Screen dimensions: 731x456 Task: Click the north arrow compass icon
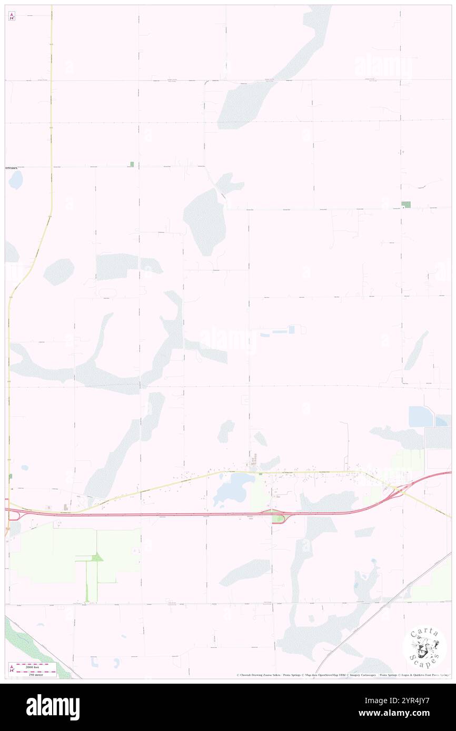click(12, 16)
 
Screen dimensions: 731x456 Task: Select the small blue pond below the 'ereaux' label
click(16, 180)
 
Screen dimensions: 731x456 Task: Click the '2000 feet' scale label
click(36, 665)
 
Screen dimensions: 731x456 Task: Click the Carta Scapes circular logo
click(424, 648)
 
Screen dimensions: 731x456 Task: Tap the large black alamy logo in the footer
click(53, 707)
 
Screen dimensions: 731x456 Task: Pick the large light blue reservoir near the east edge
click(421, 417)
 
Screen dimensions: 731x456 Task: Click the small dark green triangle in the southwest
click(97, 557)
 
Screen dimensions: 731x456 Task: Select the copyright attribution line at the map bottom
click(342, 675)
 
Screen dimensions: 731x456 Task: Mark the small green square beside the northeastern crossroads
click(405, 204)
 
